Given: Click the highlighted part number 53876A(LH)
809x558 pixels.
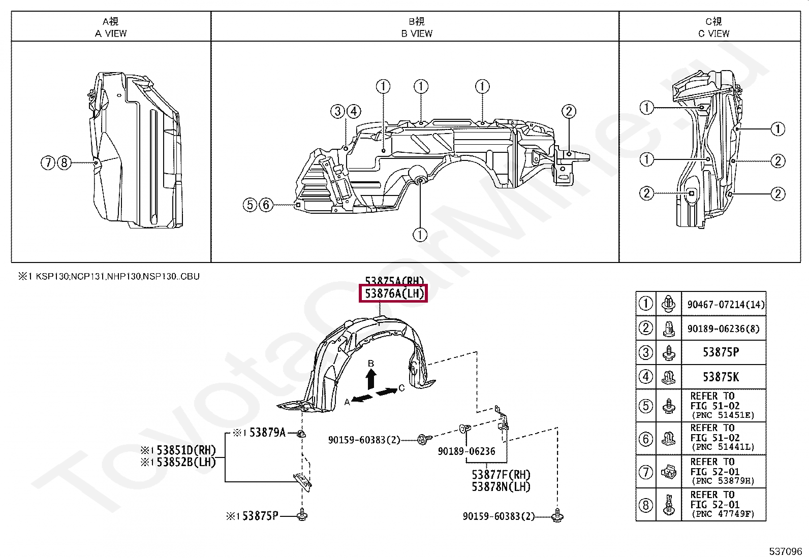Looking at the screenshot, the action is (x=394, y=293).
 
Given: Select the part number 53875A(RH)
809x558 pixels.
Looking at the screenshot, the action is (x=394, y=281).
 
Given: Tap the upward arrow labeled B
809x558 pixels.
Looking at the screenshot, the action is (x=371, y=379).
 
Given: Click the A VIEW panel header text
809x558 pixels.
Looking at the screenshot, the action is (x=111, y=34).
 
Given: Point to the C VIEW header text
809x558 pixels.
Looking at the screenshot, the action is (x=713, y=34).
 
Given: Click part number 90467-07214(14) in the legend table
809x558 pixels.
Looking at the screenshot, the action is (x=726, y=305).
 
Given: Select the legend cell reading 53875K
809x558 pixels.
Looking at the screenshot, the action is (x=721, y=377).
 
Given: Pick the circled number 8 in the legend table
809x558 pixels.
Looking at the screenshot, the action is (x=645, y=505).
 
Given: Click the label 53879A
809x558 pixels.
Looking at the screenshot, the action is (x=264, y=433).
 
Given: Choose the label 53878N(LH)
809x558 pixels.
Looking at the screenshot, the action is (x=501, y=486).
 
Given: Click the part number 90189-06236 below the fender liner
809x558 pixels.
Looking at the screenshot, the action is (x=466, y=451).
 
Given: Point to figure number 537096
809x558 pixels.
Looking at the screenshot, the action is (x=784, y=551).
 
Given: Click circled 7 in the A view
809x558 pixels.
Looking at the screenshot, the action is (x=48, y=163).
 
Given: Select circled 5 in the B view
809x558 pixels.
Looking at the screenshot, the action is (x=250, y=205).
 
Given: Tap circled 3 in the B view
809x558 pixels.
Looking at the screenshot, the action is (x=337, y=111).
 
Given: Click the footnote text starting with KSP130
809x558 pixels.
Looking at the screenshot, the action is (x=117, y=277).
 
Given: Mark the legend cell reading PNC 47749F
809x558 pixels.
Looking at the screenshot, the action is (x=722, y=514).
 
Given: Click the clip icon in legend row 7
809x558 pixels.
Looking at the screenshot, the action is (x=668, y=472).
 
